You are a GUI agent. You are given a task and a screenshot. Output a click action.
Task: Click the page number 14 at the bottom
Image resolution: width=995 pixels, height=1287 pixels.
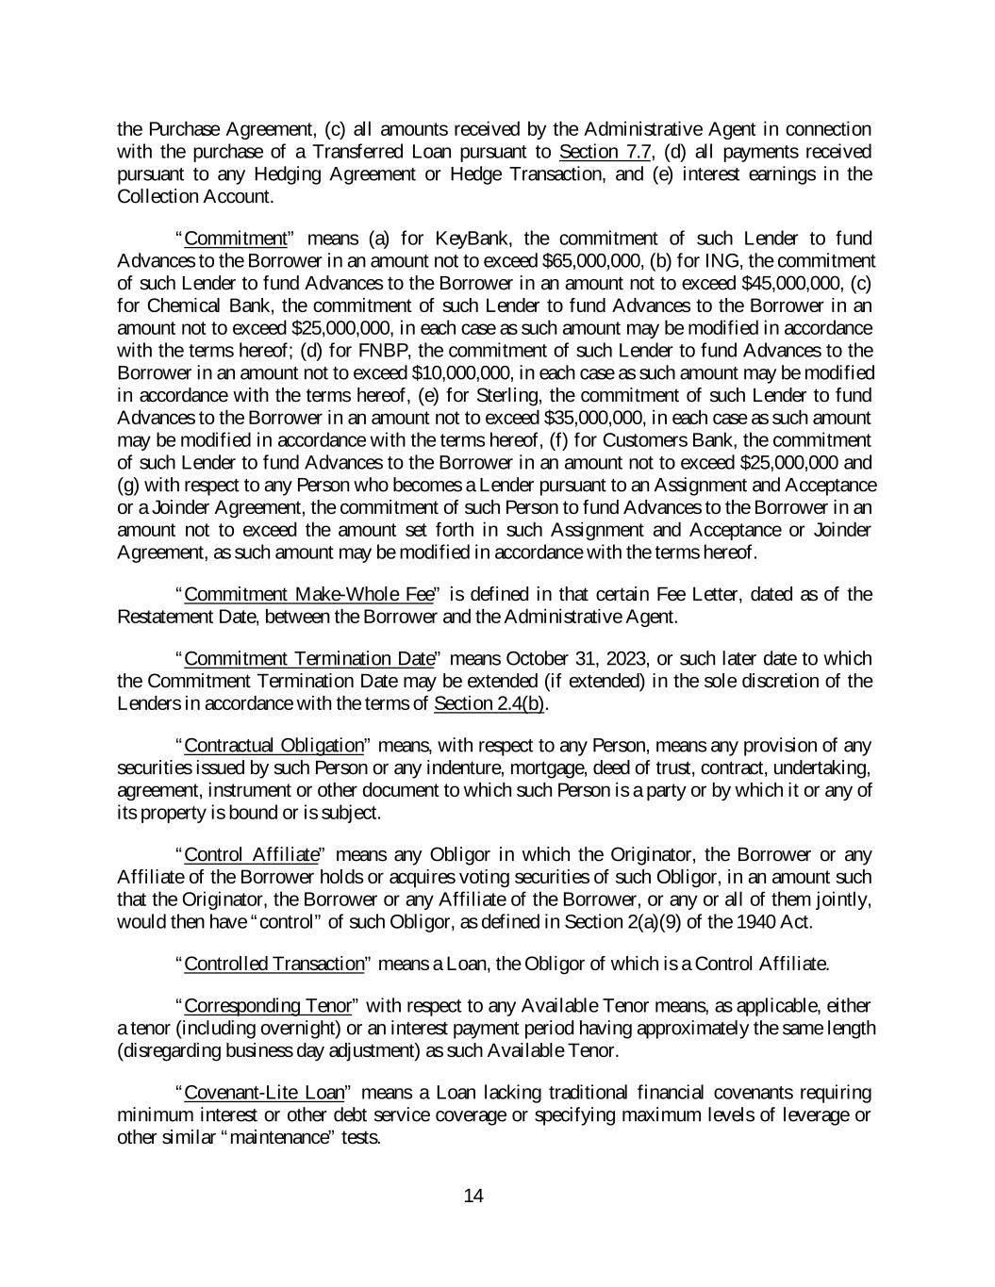(x=473, y=1196)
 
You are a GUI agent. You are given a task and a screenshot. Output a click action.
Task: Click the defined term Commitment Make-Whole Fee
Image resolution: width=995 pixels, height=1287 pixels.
(x=308, y=594)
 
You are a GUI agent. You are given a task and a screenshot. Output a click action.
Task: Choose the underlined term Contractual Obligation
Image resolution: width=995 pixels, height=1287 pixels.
(x=274, y=746)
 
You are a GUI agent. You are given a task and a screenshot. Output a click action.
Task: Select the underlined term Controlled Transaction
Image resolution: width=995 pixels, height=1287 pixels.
(x=274, y=964)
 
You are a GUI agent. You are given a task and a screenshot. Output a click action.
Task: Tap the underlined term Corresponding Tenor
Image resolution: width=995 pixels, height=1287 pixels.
(x=267, y=1006)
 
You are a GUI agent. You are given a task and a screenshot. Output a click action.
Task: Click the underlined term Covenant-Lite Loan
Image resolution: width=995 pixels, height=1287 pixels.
(x=263, y=1093)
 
